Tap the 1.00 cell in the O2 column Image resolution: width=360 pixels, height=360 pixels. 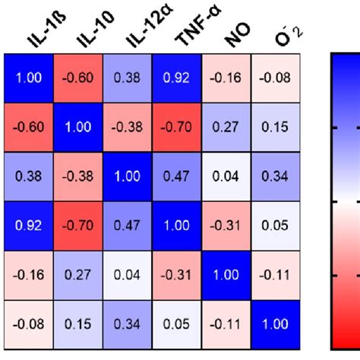pos(276,325)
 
